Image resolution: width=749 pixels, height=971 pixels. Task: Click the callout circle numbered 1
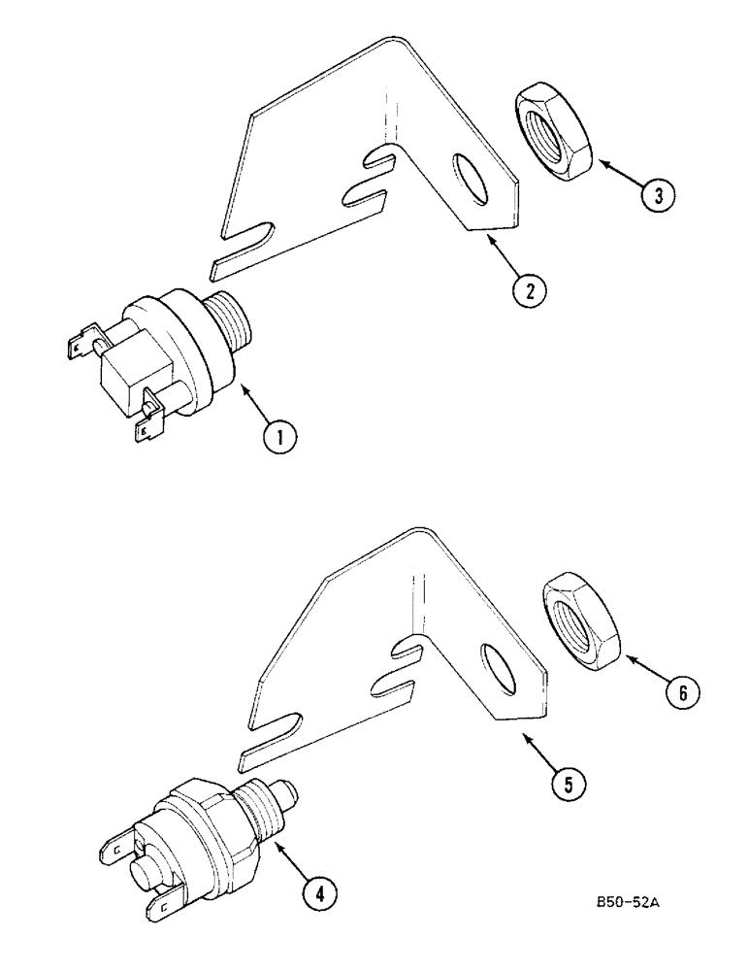click(279, 439)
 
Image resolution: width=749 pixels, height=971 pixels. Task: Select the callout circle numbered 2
click(532, 287)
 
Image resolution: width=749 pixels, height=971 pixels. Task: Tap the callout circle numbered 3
click(659, 195)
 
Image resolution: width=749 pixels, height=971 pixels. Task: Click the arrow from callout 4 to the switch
click(293, 858)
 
